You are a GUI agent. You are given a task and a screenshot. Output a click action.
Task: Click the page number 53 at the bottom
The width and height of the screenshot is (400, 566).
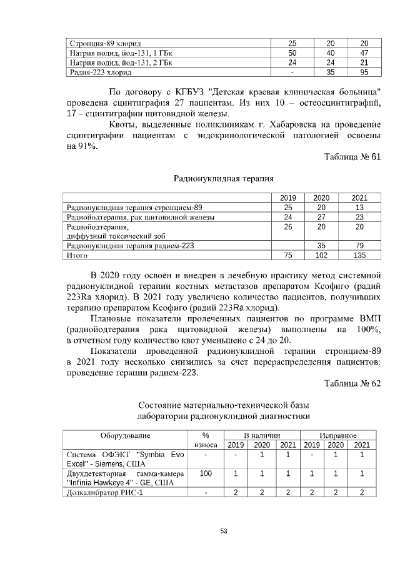223,532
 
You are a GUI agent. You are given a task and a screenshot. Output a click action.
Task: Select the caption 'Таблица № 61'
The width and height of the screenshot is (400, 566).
352,157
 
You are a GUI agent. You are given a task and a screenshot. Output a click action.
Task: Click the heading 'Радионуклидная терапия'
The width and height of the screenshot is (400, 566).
223,179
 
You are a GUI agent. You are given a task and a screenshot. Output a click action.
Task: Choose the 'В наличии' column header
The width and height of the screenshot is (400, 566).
261,435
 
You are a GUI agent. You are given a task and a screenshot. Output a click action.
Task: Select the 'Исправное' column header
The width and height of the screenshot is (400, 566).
337,435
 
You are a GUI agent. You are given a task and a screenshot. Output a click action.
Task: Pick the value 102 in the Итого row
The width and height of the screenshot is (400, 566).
321,255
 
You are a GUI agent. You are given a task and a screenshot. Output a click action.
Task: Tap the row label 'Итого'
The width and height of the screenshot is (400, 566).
77,255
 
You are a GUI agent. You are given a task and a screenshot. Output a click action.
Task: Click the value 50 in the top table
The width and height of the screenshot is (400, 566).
292,53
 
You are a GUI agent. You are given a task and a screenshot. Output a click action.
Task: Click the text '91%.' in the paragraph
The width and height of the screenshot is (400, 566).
81,146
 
